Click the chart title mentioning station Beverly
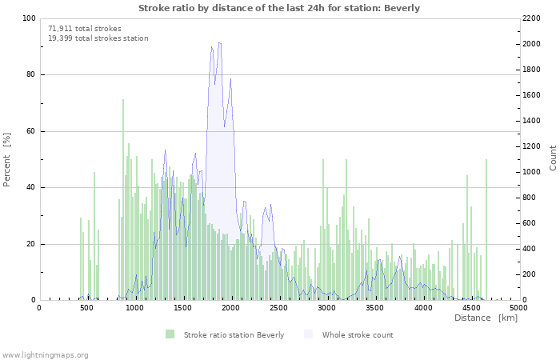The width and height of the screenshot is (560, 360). pos(279,8)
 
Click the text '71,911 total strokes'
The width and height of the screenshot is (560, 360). pos(78,28)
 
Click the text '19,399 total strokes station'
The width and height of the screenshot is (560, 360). pos(98,38)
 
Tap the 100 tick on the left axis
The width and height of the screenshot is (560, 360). pos(28,18)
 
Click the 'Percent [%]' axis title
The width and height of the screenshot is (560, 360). pos(7,159)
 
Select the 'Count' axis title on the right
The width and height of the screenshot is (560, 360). pos(553,158)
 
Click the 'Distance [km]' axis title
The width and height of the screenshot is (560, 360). pos(486,318)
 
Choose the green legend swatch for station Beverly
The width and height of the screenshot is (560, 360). pos(170,334)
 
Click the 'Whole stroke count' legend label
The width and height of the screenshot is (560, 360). pos(358,334)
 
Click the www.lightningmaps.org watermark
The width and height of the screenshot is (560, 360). pos(45,354)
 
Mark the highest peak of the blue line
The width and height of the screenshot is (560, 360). pos(218,43)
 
